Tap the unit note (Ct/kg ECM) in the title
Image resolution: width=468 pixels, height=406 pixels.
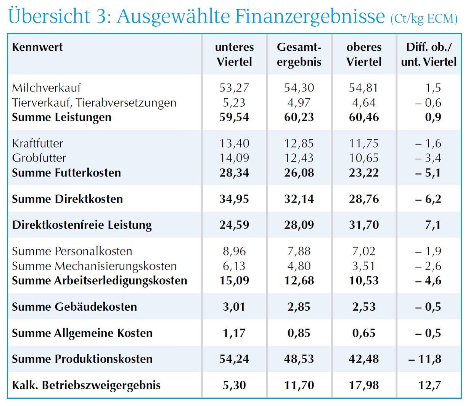[424, 19]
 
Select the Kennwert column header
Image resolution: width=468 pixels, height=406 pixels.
[37, 47]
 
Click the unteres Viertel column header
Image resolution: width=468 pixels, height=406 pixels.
[234, 54]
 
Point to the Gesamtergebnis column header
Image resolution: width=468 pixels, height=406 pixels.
[299, 54]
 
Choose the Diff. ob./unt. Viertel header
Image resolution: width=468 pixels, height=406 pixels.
[429, 54]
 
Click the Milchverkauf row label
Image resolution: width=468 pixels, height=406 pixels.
[47, 88]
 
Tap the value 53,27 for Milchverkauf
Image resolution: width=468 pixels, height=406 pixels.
[234, 88]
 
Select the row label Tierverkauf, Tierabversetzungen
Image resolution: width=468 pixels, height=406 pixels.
[94, 103]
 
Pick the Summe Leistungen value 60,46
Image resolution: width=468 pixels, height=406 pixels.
[364, 117]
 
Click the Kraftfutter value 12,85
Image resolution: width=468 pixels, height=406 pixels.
[299, 143]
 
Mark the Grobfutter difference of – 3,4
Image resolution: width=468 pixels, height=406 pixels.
[428, 158]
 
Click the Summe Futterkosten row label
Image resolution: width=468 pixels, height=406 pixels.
[66, 173]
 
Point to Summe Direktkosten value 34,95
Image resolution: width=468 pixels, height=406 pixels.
[234, 199]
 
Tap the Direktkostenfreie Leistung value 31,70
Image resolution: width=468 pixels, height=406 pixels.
[364, 225]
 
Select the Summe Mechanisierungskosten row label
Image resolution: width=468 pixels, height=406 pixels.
[94, 266]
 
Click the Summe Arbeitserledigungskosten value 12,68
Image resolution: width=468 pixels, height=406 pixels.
[299, 281]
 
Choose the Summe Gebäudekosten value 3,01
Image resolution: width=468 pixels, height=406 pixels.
[234, 307]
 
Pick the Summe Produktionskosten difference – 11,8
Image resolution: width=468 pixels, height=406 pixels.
[425, 359]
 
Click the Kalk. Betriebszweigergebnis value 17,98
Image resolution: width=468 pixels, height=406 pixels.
[364, 385]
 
